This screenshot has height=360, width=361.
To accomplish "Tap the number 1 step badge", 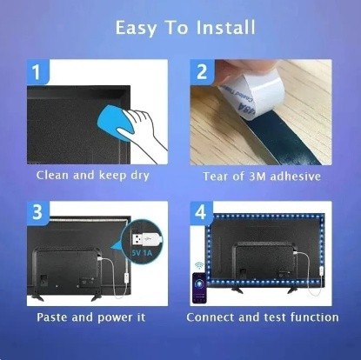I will coord(37,73).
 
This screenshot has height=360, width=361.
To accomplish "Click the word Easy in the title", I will coord(137,29).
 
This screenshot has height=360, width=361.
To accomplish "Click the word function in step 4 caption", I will coord(311,317).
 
